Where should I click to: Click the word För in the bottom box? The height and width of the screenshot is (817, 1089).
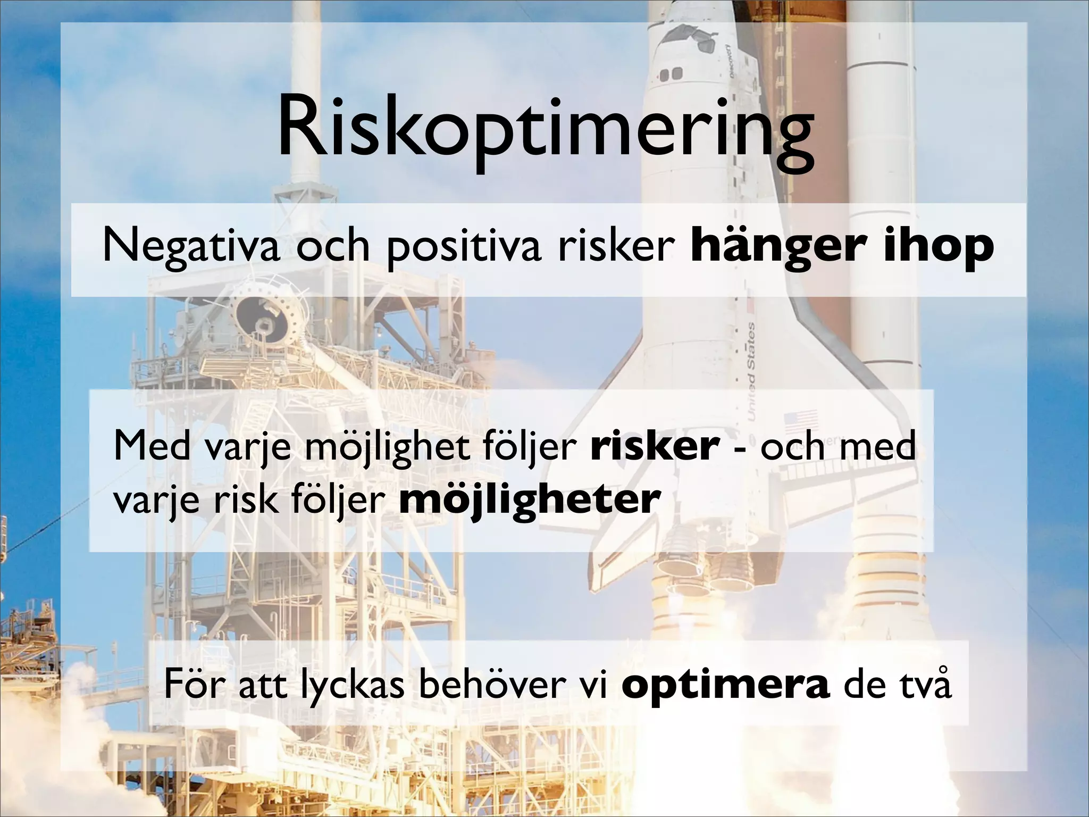pos(191,685)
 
